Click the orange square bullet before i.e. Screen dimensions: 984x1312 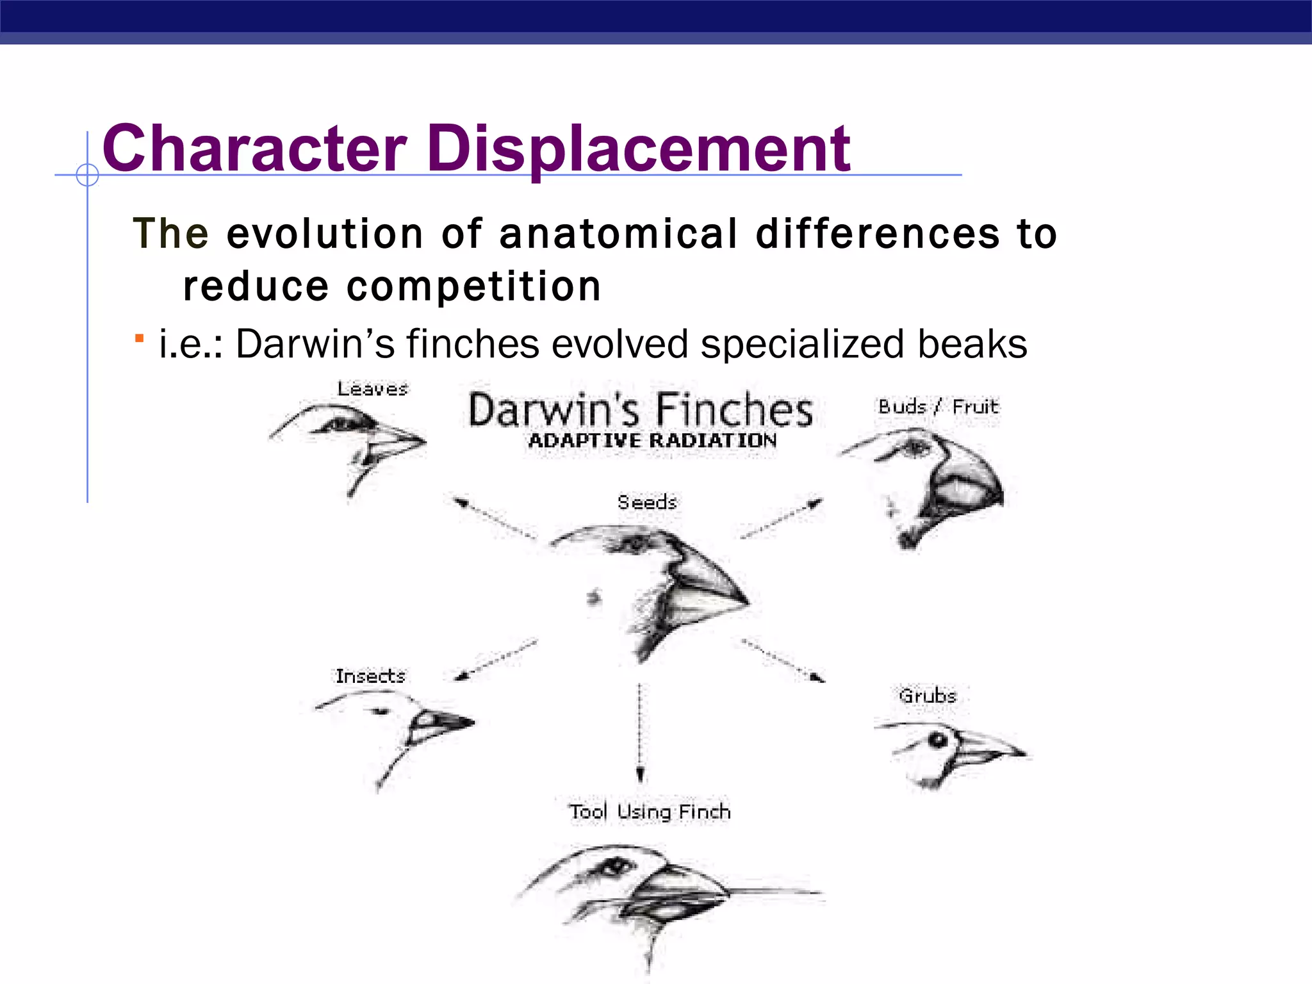click(x=139, y=338)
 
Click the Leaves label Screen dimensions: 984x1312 click(x=372, y=389)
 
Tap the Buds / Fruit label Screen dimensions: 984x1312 click(x=938, y=406)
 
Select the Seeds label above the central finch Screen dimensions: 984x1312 click(x=647, y=502)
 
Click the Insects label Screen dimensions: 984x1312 click(x=370, y=676)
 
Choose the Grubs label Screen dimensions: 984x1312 click(x=927, y=696)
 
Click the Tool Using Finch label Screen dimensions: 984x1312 click(x=650, y=812)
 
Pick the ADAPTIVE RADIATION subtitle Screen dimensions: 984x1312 click(x=652, y=441)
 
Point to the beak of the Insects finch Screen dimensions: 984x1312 click(x=442, y=723)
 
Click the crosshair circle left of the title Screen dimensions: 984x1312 click(x=87, y=174)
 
